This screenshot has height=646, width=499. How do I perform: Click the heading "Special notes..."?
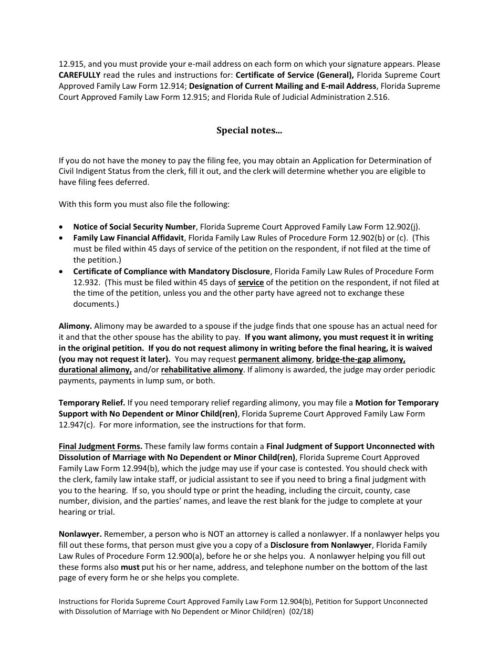(x=249, y=130)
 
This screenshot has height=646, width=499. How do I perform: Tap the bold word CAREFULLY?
(x=79, y=75)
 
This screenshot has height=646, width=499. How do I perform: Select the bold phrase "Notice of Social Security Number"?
(x=134, y=227)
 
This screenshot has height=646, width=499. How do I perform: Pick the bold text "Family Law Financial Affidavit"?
(x=129, y=238)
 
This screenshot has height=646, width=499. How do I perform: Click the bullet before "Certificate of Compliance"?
(x=63, y=272)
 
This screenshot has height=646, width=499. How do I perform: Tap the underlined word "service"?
(x=251, y=283)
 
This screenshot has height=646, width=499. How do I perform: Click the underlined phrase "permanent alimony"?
(x=275, y=359)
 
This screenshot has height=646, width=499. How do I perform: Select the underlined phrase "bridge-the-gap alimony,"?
(x=360, y=359)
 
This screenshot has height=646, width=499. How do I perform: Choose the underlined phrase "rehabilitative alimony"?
(x=202, y=370)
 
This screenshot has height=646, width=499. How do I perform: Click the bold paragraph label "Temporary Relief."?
(x=92, y=403)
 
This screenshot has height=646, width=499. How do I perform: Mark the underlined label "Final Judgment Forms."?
(x=100, y=446)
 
